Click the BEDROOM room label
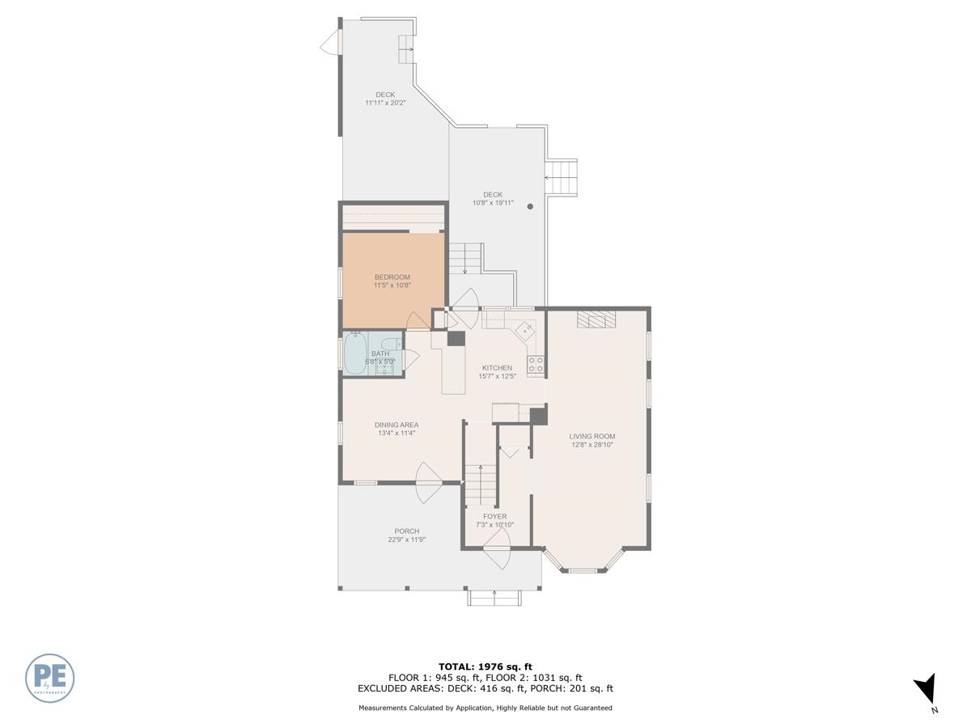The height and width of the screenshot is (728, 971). [392, 277]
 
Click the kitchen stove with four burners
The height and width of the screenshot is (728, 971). [535, 364]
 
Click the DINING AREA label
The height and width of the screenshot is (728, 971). [396, 425]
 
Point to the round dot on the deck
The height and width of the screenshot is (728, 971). [531, 206]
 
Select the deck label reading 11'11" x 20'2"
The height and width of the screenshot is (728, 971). [385, 103]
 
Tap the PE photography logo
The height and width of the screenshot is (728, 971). [50, 678]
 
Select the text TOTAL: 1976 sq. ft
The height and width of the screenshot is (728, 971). [485, 667]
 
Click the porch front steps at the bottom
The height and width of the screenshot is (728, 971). [493, 598]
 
